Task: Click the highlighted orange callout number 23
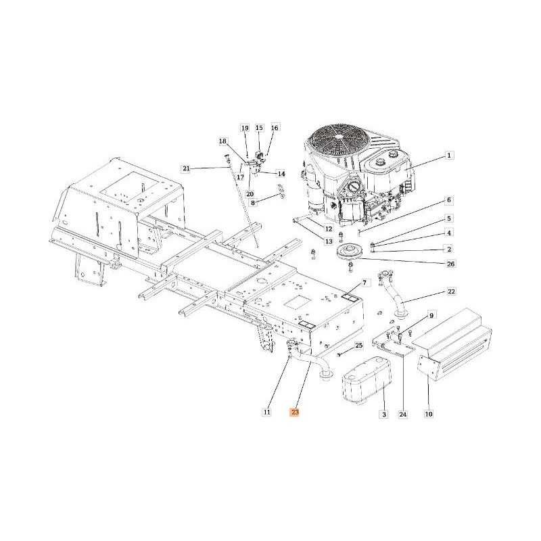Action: [x=295, y=412]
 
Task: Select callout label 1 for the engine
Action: [x=449, y=156]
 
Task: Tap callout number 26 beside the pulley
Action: [x=451, y=264]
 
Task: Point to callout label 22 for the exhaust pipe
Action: [x=451, y=291]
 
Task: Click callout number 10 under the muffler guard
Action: [x=429, y=414]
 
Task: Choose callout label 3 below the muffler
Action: [x=384, y=414]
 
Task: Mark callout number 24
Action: [x=403, y=415]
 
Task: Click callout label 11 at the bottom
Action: [x=266, y=412]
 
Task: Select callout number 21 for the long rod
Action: [x=187, y=168]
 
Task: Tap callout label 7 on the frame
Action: [x=364, y=283]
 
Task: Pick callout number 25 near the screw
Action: [x=359, y=346]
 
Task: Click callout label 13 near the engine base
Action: [x=329, y=241]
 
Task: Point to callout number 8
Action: [x=253, y=202]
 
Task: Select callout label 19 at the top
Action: [x=245, y=128]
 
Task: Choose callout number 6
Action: [x=449, y=200]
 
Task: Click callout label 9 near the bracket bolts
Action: [x=431, y=315]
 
